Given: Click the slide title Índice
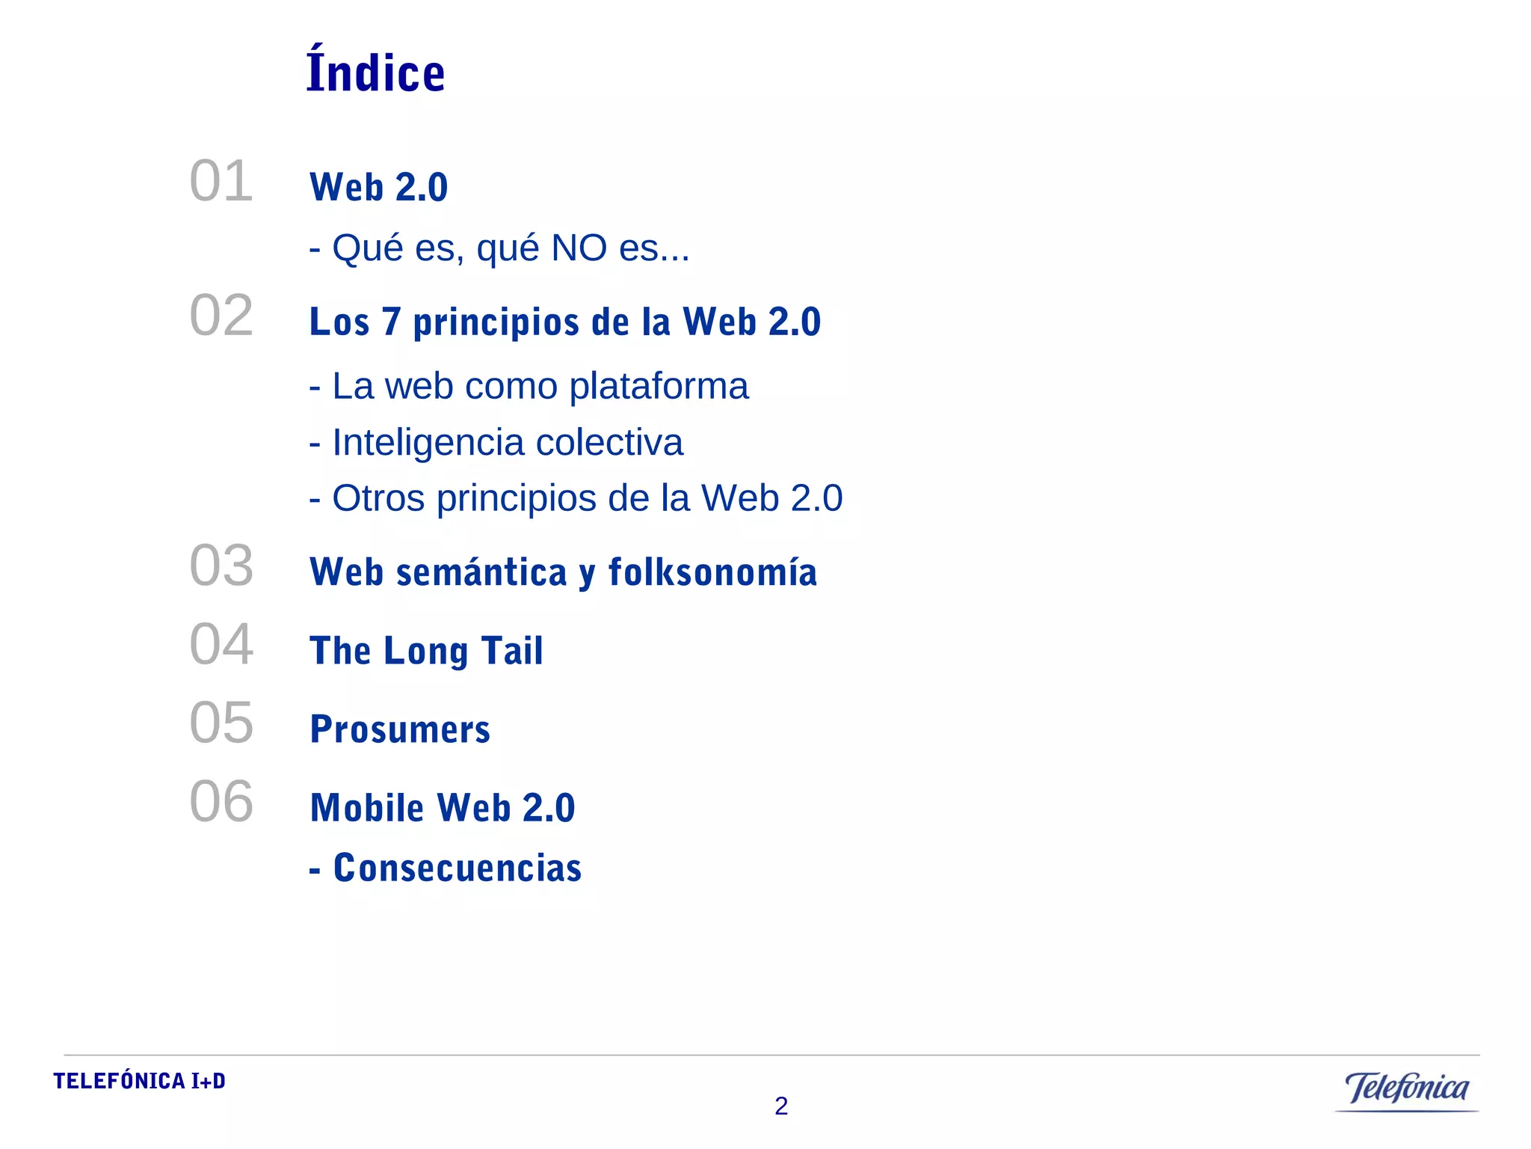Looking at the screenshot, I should (376, 71).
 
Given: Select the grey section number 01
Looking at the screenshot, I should (221, 181).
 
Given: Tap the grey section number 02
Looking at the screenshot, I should (221, 316).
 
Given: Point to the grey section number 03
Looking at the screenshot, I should (221, 566).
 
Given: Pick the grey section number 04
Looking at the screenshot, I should (221, 644).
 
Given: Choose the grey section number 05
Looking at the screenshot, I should (221, 723).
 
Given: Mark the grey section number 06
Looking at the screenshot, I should (221, 801).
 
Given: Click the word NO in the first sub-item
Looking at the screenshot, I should (579, 248).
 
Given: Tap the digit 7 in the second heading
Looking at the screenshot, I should (391, 322).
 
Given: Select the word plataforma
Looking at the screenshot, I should (659, 386).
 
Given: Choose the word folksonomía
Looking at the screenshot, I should (712, 572).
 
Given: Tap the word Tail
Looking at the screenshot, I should (512, 650).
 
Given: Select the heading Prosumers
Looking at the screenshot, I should (400, 729).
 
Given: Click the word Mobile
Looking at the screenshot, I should (367, 808).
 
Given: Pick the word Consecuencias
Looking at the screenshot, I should (457, 868).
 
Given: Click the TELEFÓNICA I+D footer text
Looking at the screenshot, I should (139, 1081).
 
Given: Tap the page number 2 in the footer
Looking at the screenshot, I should (781, 1106).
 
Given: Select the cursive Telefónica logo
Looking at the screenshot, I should (1406, 1088).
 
